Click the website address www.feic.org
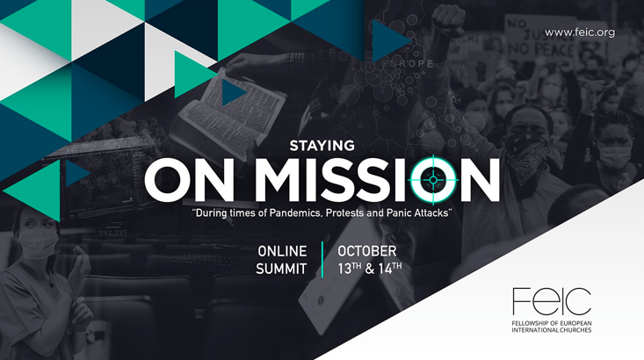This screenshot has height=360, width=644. (x=580, y=32)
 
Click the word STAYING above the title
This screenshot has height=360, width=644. (x=322, y=146)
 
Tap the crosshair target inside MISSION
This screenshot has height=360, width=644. (x=433, y=179)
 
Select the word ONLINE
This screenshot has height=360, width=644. (x=282, y=251)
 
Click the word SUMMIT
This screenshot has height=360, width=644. (x=281, y=269)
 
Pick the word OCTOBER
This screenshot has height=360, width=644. (x=367, y=251)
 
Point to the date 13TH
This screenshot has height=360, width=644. (x=350, y=269)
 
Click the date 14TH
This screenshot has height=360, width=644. (x=390, y=269)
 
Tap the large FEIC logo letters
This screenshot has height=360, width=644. (x=552, y=301)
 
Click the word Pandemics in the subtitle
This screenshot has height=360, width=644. (x=296, y=213)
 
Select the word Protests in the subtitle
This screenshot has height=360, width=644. (x=343, y=213)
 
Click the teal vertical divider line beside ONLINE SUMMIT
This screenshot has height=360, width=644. (x=322, y=260)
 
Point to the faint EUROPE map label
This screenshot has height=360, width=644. (x=408, y=64)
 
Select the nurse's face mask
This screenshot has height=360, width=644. (x=38, y=243)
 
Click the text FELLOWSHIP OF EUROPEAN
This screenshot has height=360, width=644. (x=552, y=323)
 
